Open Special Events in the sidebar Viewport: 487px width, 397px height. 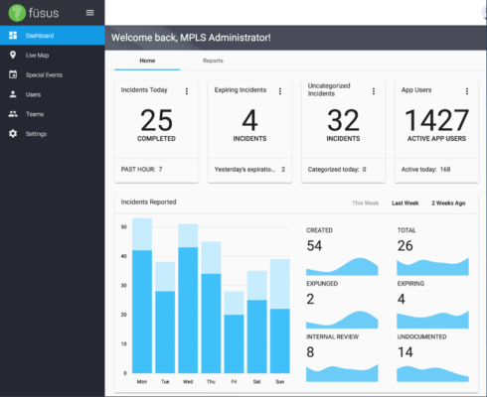click(x=44, y=74)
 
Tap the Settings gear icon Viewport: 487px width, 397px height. click(x=13, y=133)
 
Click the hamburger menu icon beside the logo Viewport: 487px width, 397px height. click(x=90, y=12)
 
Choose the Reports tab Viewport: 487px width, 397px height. click(x=213, y=61)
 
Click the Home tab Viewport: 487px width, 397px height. click(x=147, y=61)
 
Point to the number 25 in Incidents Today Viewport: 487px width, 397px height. click(x=156, y=120)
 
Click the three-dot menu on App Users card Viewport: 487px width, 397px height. click(x=466, y=91)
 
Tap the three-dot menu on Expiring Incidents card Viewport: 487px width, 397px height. click(x=280, y=91)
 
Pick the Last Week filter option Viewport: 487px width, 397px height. click(x=405, y=202)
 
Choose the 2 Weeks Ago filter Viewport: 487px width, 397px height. click(x=447, y=202)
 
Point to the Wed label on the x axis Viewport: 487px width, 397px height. click(x=188, y=380)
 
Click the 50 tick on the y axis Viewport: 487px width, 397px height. click(x=125, y=226)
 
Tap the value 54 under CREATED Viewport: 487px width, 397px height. click(x=314, y=245)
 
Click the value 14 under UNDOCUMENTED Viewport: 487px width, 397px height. click(x=406, y=350)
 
